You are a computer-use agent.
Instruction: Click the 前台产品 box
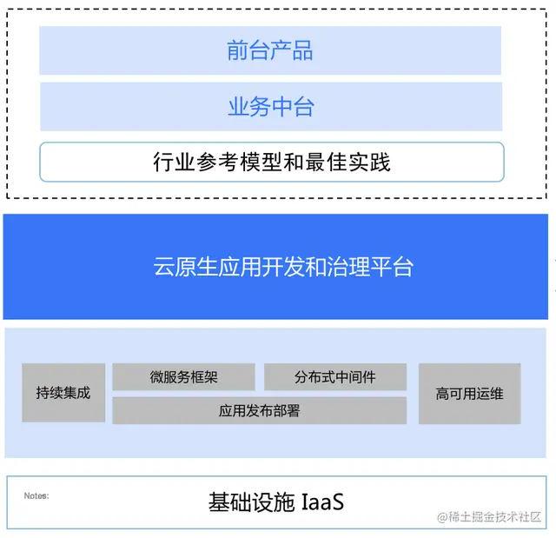tap(270, 50)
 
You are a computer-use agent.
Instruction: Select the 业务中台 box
tap(270, 107)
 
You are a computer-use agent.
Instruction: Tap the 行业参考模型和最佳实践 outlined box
tap(271, 162)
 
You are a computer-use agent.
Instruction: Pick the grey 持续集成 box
tap(63, 393)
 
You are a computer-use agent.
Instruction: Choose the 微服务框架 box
tap(183, 377)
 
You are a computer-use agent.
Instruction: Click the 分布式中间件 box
tap(334, 377)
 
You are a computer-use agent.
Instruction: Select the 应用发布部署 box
tap(259, 410)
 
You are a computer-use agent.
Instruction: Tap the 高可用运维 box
tap(469, 394)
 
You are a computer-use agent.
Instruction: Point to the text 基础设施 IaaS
tap(275, 502)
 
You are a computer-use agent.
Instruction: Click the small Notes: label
tap(36, 495)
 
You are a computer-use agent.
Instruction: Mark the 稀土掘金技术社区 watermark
tap(490, 517)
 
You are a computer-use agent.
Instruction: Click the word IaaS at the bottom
tap(322, 502)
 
